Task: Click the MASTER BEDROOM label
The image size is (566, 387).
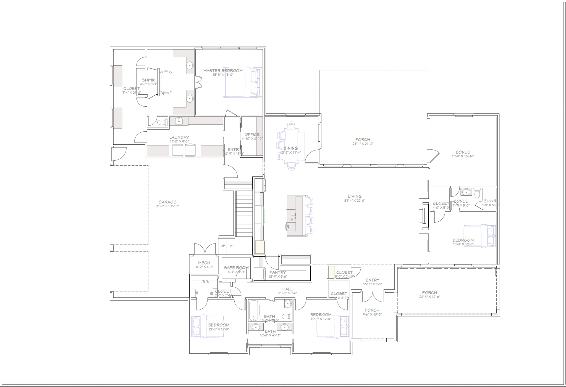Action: click(223, 71)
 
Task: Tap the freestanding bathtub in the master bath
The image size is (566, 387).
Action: click(166, 82)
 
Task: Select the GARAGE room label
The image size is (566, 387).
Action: click(167, 202)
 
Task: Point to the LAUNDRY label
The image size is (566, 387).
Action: click(179, 137)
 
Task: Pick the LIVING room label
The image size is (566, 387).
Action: click(355, 197)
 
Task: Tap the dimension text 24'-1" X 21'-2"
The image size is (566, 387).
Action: click(362, 144)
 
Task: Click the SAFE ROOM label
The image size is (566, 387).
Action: click(236, 267)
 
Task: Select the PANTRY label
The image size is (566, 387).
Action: click(277, 272)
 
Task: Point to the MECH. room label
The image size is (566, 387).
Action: click(205, 263)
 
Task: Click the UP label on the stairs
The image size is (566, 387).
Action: click(223, 246)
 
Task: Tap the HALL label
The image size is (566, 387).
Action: click(287, 289)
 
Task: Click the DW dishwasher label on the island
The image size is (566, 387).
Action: click(288, 227)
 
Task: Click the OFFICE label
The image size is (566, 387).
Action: click(252, 134)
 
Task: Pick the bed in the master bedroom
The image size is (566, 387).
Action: click(242, 82)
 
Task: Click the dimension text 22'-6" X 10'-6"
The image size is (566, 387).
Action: click(429, 297)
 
